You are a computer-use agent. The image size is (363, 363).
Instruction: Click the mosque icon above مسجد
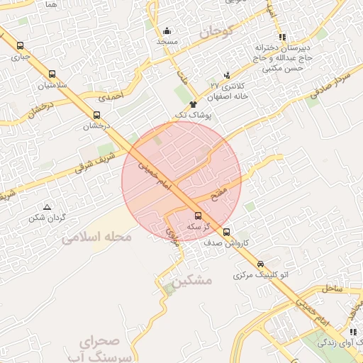tap(167, 30)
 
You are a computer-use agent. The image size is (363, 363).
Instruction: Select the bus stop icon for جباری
tap(18, 44)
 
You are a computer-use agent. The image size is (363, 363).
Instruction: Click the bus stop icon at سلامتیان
tap(52, 74)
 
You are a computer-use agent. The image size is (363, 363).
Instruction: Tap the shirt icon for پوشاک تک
tap(193, 104)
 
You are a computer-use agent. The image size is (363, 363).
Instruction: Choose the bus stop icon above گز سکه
tap(198, 216)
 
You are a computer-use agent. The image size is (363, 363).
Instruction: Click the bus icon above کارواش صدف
tap(226, 232)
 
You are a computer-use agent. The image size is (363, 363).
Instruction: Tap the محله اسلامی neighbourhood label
tap(96, 238)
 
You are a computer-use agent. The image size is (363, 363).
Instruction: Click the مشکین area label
tap(191, 281)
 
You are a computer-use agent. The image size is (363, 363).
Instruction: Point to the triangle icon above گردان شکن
tap(47, 207)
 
